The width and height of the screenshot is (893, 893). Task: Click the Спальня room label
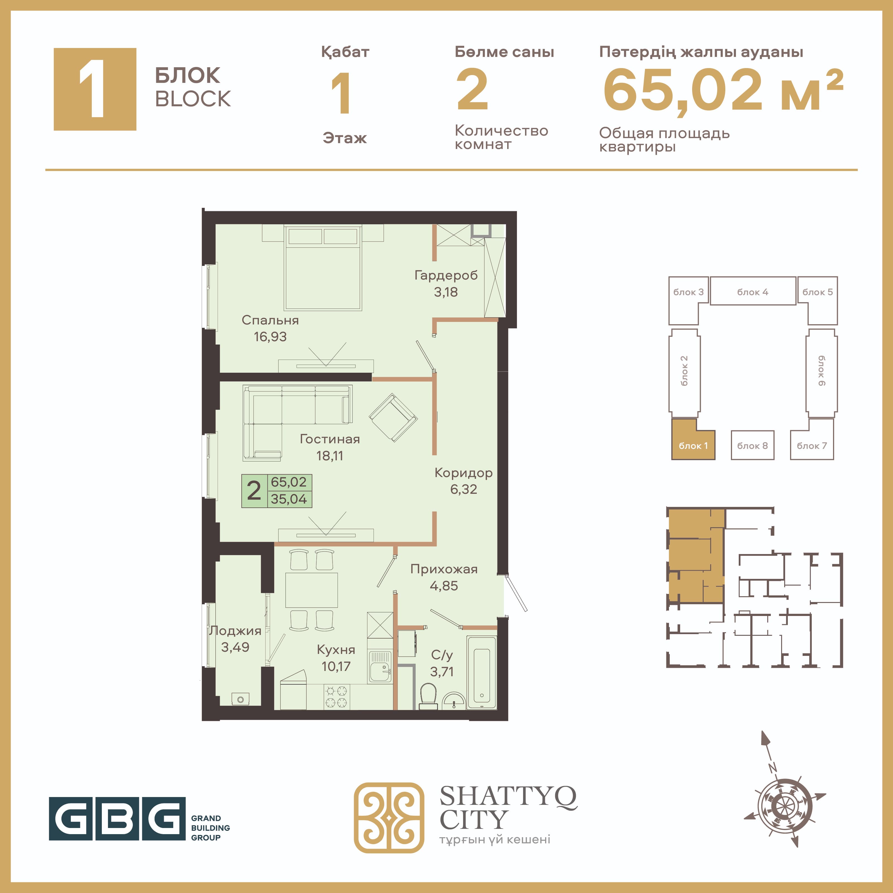click(270, 320)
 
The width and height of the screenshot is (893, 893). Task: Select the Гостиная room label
click(329, 439)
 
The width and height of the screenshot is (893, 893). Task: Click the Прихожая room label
click(444, 569)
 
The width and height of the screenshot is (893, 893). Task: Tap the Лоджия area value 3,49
click(235, 647)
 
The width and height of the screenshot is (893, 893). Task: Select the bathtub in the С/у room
click(482, 673)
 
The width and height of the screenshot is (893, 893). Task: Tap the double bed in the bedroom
click(322, 267)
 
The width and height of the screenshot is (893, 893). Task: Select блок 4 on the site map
click(752, 291)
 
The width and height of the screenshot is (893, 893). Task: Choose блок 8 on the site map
click(752, 445)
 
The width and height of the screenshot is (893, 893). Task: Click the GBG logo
click(139, 818)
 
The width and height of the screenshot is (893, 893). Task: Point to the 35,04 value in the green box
click(289, 499)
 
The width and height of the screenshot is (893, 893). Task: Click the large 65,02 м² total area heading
click(723, 89)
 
